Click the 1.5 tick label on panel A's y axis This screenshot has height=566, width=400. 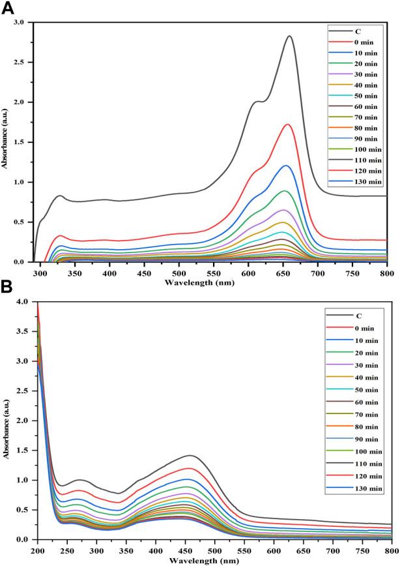22,142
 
